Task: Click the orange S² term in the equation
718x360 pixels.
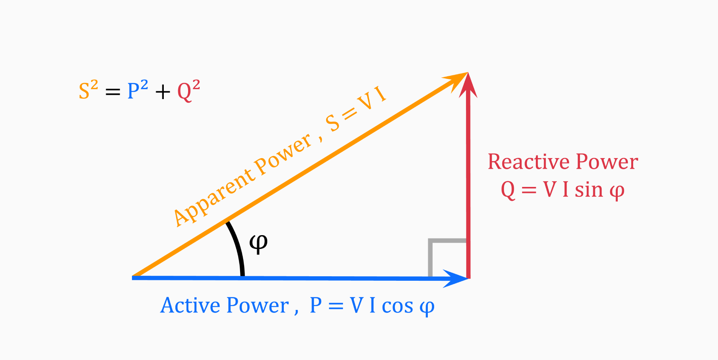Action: tap(88, 90)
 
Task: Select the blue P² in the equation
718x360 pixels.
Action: tap(137, 90)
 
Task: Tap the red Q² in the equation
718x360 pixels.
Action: tap(188, 91)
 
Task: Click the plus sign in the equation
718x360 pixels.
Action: tap(163, 92)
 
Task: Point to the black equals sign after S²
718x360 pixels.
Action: tap(113, 92)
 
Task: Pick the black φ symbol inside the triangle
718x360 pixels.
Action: tap(258, 244)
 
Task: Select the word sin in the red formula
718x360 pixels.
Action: tap(589, 190)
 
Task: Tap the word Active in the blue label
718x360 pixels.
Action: tap(190, 305)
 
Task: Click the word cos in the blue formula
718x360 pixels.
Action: tap(397, 306)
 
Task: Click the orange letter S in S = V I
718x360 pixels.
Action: tap(332, 123)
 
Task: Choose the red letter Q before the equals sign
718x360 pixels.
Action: tap(508, 190)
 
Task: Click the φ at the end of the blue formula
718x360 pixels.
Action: tap(427, 307)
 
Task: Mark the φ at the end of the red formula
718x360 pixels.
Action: tap(617, 191)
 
